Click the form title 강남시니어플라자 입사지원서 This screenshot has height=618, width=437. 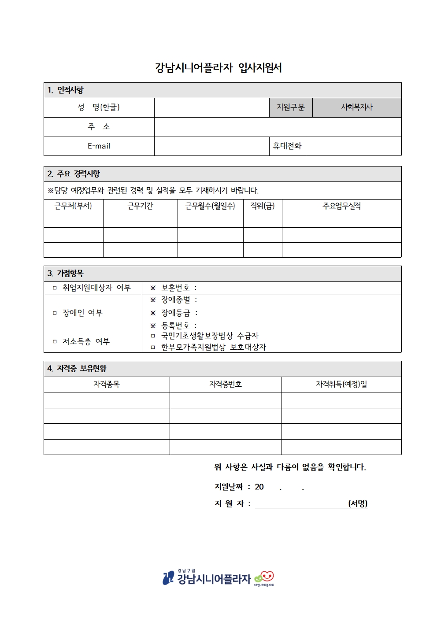(218, 68)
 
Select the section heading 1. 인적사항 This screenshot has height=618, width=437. (66, 90)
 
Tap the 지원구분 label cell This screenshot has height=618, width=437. (290, 107)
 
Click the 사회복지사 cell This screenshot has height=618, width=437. (356, 107)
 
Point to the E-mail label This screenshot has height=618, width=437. (99, 146)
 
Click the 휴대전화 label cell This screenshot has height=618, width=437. (287, 146)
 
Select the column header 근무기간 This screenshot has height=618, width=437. (140, 206)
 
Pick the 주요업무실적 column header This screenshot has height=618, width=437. (341, 206)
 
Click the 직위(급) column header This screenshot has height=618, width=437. (262, 206)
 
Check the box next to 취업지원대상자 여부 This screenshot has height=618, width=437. (55, 288)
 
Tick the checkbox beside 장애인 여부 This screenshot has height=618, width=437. (55, 313)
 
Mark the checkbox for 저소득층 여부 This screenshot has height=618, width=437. (55, 342)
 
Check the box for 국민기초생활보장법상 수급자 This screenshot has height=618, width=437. (153, 336)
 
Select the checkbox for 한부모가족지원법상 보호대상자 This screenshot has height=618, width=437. (153, 348)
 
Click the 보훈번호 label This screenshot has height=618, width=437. (175, 288)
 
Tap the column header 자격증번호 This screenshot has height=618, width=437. (225, 385)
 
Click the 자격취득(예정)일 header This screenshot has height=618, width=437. (341, 385)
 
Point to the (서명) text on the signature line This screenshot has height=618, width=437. (358, 503)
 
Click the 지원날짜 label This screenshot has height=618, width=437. (229, 487)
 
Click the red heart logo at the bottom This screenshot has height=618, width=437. (267, 576)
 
